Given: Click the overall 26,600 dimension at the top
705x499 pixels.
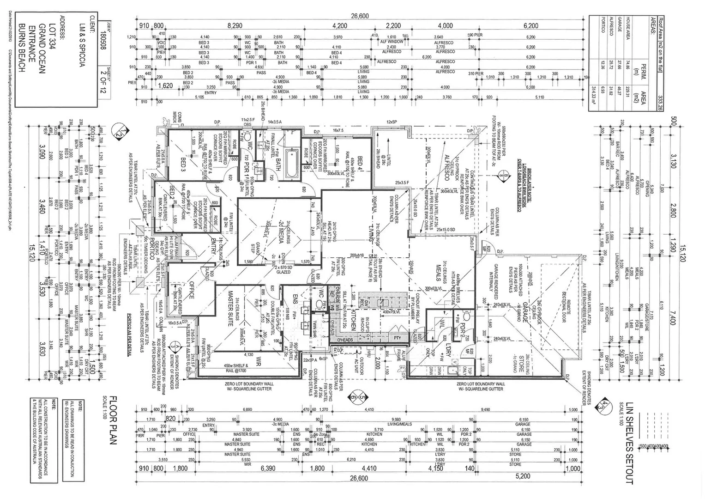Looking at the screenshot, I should coord(360,16).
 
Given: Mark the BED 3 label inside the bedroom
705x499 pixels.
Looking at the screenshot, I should coord(183,164).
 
